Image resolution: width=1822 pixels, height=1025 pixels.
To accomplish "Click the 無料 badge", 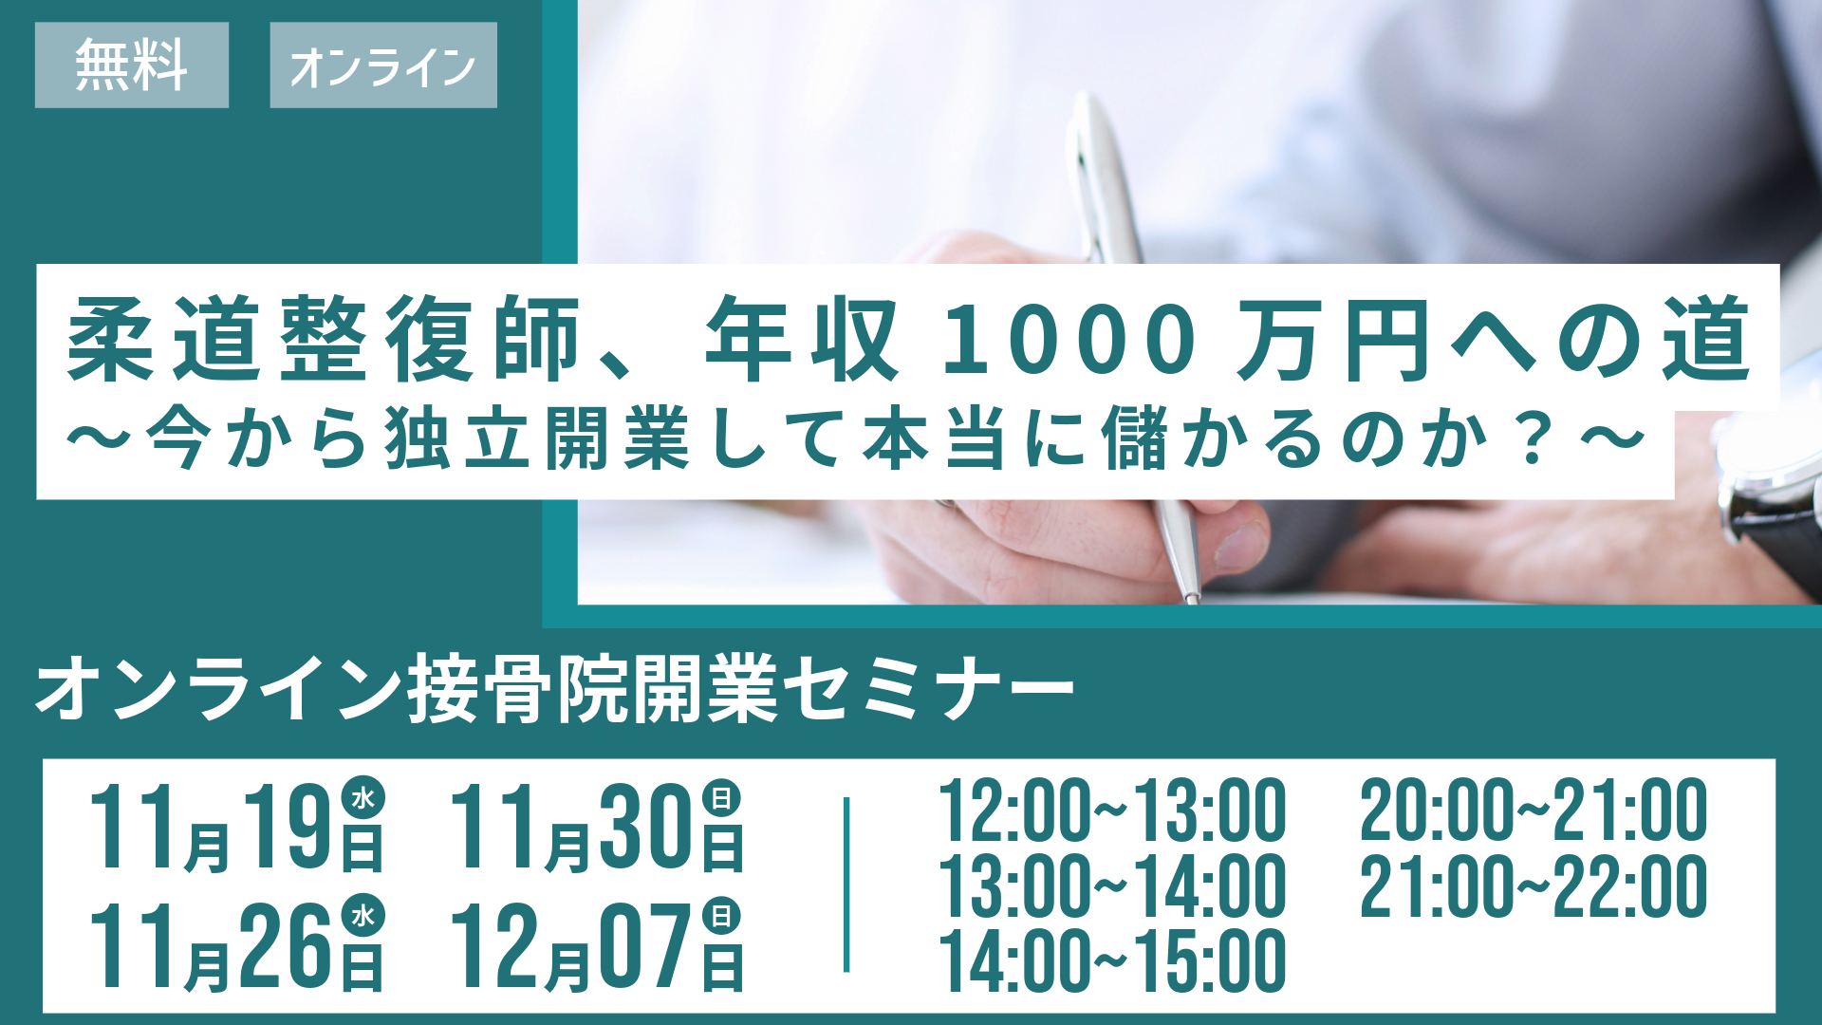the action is [132, 65].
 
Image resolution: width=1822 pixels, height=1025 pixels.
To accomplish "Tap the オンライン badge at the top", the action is [383, 65].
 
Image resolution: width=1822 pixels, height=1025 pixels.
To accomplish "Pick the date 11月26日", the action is [236, 945].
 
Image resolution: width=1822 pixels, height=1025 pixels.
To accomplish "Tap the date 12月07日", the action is [596, 945].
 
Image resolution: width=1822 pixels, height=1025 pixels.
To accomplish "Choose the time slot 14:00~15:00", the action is [1112, 960].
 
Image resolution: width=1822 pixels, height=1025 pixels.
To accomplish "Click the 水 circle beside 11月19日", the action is [363, 798].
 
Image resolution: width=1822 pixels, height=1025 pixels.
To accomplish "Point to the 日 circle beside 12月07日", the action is [722, 916].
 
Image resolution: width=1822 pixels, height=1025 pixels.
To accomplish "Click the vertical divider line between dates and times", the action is [846, 885].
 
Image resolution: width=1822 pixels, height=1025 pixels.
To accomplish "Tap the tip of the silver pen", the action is [1192, 599].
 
